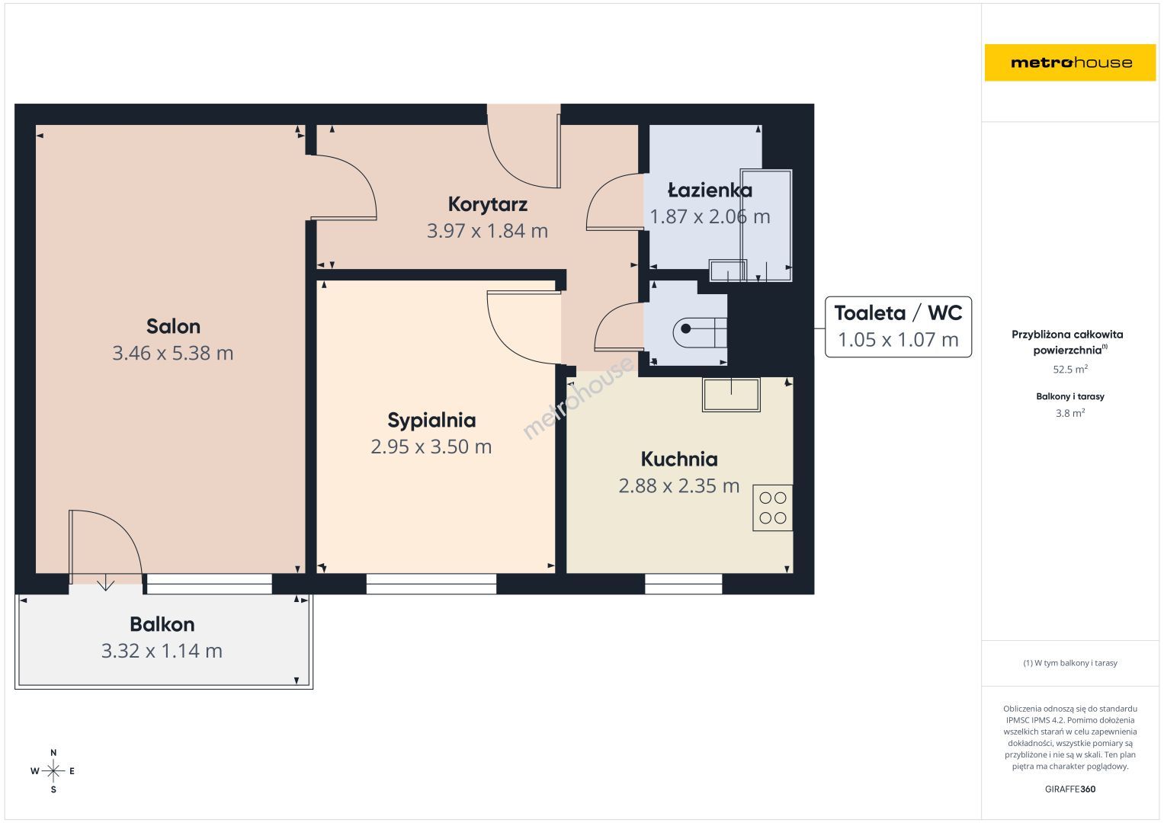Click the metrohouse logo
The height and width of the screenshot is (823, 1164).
(1070, 62)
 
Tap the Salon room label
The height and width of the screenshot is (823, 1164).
(173, 326)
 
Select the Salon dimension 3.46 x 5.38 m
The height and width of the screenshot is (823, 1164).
(173, 354)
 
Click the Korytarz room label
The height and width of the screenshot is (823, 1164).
(487, 205)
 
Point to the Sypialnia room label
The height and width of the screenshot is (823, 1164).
(431, 421)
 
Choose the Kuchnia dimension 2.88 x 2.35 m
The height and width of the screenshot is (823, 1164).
(678, 486)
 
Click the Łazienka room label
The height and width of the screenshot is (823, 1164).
(710, 191)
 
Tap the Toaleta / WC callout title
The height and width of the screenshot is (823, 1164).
(898, 312)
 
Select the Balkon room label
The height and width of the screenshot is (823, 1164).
(162, 624)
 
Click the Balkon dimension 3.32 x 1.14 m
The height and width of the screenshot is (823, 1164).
(162, 651)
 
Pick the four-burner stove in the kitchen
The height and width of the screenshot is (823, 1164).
(773, 508)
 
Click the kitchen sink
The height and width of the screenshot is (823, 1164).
(731, 395)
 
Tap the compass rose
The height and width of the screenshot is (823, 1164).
(53, 771)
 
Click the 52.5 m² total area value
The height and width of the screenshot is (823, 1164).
(1070, 370)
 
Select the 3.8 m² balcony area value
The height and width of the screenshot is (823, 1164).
(1070, 413)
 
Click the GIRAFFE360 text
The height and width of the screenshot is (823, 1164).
(1070, 789)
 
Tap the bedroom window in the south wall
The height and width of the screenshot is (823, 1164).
(431, 584)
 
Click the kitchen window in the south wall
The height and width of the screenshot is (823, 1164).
(683, 584)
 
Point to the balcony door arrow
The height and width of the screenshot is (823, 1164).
(105, 582)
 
